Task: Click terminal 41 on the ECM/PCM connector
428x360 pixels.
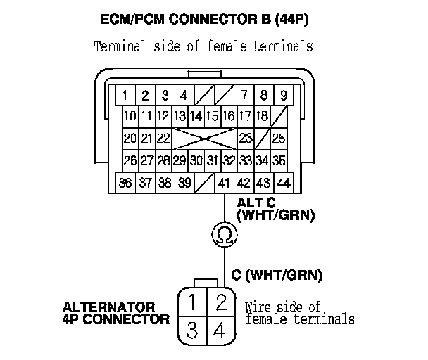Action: (x=225, y=184)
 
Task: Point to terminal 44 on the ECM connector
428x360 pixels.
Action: (x=284, y=184)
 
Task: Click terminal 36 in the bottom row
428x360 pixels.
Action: (x=126, y=184)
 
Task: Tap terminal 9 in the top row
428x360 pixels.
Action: (x=283, y=94)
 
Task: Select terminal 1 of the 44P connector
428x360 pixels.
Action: (x=124, y=94)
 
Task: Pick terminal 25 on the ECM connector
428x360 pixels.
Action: (x=279, y=138)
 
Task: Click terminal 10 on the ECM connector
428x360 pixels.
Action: (x=130, y=116)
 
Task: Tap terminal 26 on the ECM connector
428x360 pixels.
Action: (x=130, y=160)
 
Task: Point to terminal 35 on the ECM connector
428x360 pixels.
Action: (x=279, y=160)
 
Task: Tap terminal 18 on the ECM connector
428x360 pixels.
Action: (x=262, y=116)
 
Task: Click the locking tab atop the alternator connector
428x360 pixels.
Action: (x=206, y=283)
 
